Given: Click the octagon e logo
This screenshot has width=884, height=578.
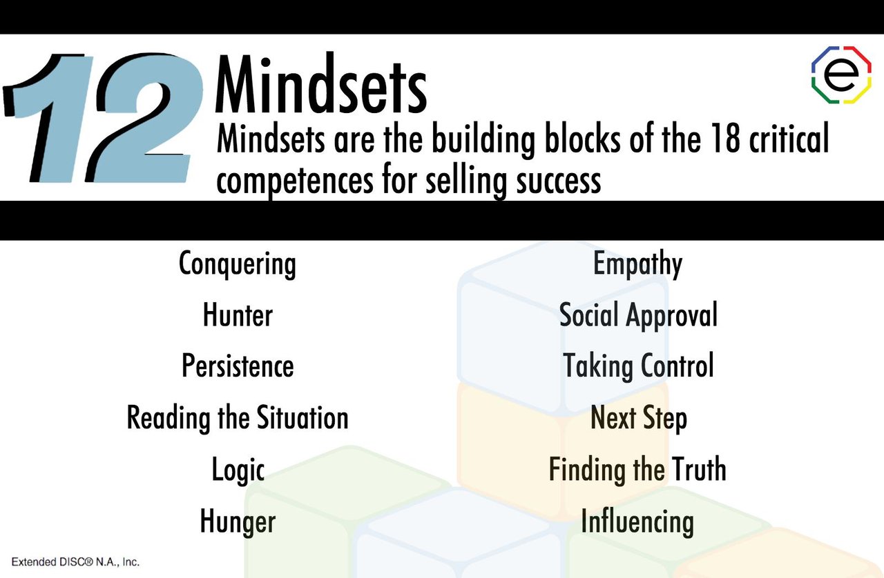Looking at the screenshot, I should [x=841, y=74].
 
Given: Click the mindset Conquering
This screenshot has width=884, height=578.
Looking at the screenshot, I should [x=237, y=264].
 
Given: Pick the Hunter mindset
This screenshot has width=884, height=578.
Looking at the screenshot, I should [x=238, y=315].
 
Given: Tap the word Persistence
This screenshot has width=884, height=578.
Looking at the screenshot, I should [x=238, y=366].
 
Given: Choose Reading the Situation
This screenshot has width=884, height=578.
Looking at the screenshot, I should [x=238, y=418].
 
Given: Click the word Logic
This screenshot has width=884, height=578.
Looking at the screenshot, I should [x=238, y=470].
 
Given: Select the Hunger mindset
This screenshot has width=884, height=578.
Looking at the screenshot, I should [x=238, y=521].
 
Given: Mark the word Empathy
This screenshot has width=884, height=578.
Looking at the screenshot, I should [x=637, y=264].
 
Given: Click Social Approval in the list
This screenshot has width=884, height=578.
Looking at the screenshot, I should [x=638, y=315].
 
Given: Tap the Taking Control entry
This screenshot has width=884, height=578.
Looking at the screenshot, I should [x=638, y=366].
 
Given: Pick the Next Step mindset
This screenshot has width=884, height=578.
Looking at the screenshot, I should [x=638, y=418].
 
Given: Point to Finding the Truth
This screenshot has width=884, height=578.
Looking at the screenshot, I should [x=637, y=470].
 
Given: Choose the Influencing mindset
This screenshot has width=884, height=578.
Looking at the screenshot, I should [x=637, y=521].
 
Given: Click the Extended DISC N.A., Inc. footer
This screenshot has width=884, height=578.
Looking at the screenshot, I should [x=75, y=562].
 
